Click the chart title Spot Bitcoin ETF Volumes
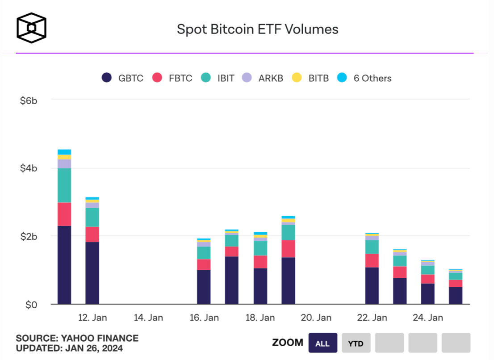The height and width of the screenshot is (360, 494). click(x=258, y=29)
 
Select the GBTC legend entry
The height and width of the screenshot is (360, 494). click(x=123, y=78)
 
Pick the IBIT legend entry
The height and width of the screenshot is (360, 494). click(x=218, y=78)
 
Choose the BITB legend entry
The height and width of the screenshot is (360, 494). click(x=310, y=78)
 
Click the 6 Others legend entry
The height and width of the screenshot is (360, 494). click(x=365, y=78)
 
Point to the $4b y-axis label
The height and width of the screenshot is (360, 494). click(x=29, y=169)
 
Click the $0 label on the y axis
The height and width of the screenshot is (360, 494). click(x=31, y=305)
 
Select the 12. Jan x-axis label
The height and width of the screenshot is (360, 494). click(x=92, y=318)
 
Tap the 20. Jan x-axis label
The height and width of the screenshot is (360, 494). click(x=316, y=318)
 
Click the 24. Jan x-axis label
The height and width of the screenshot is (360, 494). click(x=427, y=318)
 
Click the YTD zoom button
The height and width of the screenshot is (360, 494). click(x=356, y=343)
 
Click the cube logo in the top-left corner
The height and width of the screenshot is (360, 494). click(x=32, y=28)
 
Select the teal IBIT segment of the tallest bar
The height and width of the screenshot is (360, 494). click(x=64, y=185)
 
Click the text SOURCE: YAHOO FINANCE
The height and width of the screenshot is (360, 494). click(x=77, y=338)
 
